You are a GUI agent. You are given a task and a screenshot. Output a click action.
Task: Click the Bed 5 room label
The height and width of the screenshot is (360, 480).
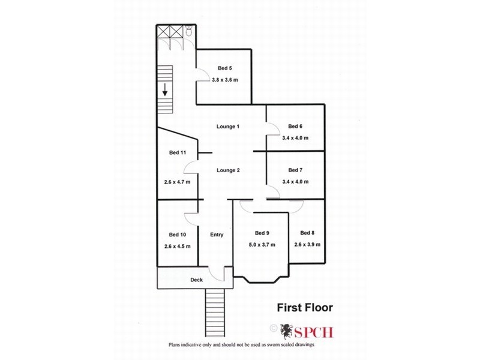click(x=225, y=68)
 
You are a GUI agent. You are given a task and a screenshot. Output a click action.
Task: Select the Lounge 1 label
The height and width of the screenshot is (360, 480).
click(x=228, y=127)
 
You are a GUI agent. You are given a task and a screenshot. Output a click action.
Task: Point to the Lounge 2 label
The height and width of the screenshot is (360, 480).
click(x=228, y=170)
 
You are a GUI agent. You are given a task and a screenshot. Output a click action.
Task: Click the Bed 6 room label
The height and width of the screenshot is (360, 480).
click(x=295, y=127)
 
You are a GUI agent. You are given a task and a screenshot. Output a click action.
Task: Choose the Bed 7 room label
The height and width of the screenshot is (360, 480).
click(x=295, y=170)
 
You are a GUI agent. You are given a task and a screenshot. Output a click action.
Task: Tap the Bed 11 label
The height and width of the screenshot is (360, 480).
click(x=178, y=153)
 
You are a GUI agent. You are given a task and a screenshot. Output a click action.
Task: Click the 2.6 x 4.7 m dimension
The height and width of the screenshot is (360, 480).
click(x=177, y=182)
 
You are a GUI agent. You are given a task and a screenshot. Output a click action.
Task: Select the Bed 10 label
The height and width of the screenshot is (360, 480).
click(x=177, y=235)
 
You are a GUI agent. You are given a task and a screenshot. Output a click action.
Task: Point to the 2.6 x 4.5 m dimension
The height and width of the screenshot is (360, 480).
click(x=177, y=246)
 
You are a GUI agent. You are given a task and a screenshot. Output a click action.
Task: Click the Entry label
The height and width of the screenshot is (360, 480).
click(x=216, y=235)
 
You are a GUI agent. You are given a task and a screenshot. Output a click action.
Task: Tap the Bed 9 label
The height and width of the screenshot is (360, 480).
click(x=262, y=233)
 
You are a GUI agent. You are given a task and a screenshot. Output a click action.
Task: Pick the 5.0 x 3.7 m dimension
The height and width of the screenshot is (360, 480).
click(x=262, y=245)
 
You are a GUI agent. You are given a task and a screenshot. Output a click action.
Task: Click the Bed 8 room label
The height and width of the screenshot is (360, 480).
click(x=307, y=233)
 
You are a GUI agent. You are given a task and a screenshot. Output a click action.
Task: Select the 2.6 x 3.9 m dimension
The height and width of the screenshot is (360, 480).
click(x=307, y=244)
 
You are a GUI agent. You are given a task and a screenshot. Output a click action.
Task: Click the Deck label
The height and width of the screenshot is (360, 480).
click(x=197, y=280)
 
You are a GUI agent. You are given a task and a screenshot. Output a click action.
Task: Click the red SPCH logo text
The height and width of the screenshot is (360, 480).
click(x=315, y=329)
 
